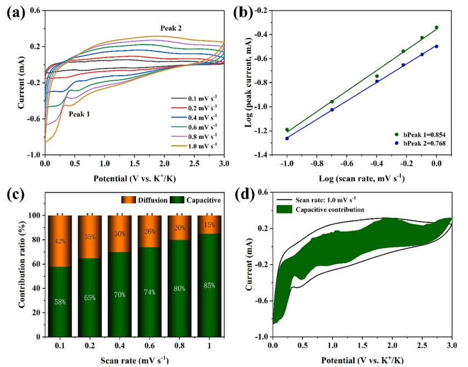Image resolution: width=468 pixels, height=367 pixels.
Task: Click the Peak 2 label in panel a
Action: click(170, 28)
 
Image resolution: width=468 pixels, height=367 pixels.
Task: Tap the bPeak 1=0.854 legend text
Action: click(419, 134)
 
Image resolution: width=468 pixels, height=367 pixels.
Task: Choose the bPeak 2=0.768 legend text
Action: click(419, 143)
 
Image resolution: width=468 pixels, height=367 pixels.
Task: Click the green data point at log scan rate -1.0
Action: click(287, 130)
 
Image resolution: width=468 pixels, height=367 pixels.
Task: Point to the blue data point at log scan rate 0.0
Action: click(437, 46)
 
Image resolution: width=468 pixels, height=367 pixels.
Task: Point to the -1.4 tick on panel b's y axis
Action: click(265, 155)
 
